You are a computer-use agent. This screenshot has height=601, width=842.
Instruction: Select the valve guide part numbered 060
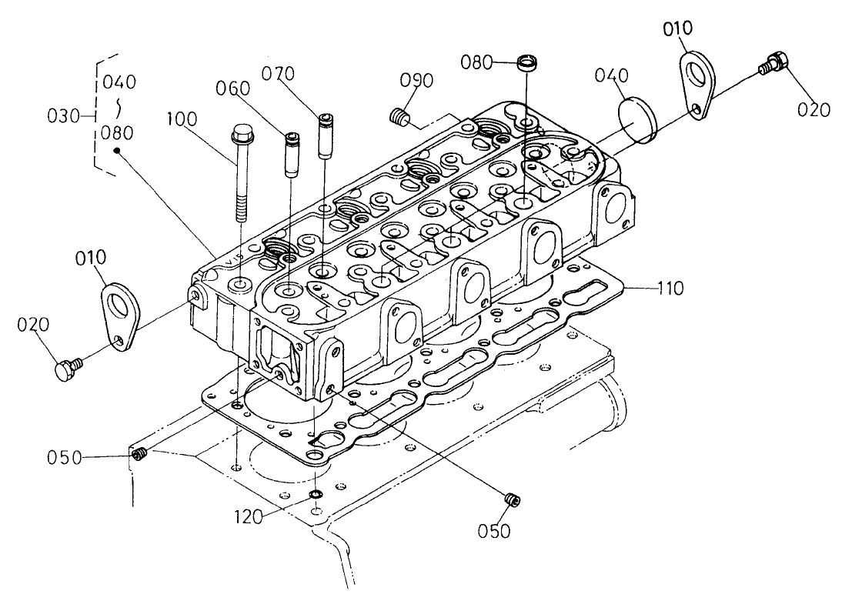[x=291, y=155]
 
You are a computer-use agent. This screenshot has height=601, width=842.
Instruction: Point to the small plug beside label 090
[x=398, y=118]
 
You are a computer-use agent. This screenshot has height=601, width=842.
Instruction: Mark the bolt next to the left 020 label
[x=65, y=368]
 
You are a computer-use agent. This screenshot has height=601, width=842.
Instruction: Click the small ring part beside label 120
[x=316, y=494]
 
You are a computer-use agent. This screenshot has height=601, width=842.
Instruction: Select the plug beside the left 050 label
[x=139, y=457]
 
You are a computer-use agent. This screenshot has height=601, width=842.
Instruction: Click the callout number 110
[x=670, y=289]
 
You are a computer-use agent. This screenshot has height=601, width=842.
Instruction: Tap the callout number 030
[x=62, y=116]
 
